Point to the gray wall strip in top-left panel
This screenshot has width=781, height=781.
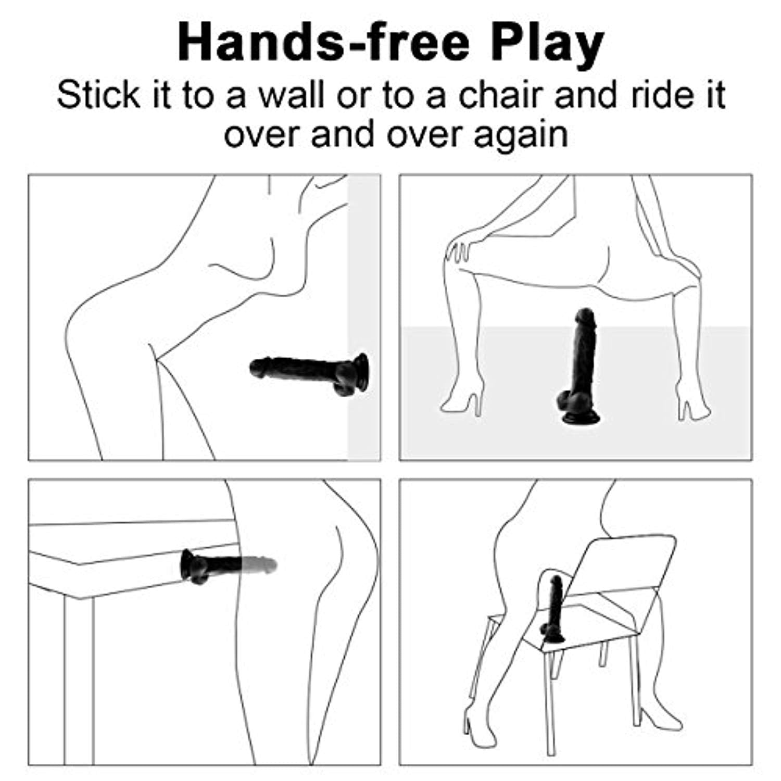pyautogui.click(x=364, y=318)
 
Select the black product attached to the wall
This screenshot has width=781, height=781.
pyautogui.click(x=310, y=374)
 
